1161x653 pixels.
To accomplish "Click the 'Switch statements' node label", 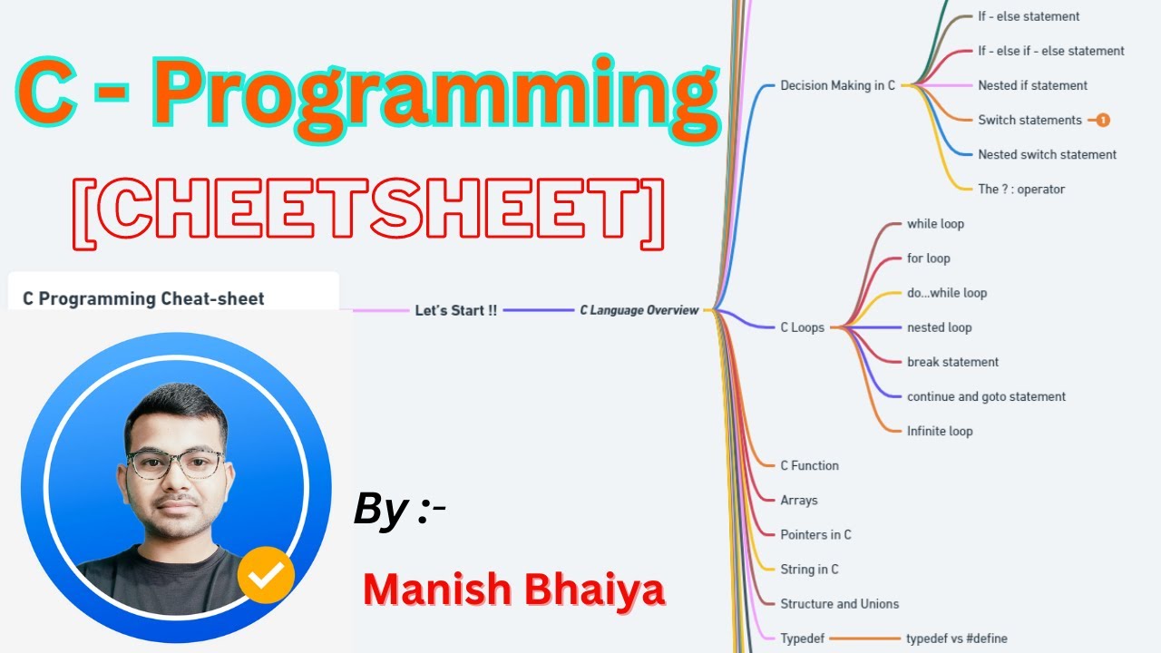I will point(1029,120).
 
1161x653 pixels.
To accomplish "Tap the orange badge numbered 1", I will point(1103,120).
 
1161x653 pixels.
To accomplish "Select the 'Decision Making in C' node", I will point(837,85).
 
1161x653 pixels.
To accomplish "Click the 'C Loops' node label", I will point(802,327).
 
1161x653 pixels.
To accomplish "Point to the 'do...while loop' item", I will point(947,293).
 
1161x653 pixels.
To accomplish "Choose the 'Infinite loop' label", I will point(940,431).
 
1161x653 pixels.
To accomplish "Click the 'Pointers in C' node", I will point(815,534).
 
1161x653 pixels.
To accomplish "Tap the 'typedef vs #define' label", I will point(956,638).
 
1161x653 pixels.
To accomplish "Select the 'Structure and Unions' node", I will point(839,603).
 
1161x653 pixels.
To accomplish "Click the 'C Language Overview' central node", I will point(639,310).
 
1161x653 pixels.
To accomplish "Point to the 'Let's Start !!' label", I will point(455,310).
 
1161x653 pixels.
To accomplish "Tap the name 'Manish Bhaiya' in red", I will point(513,590).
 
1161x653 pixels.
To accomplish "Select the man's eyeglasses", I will point(175,463).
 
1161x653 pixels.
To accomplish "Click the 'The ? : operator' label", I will point(1021,189).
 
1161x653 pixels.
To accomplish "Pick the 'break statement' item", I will point(952,362).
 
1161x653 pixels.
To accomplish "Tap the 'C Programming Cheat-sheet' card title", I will point(143,298).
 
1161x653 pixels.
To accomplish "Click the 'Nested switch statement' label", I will point(1047,154).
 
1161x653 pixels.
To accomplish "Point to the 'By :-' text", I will point(399,511).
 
